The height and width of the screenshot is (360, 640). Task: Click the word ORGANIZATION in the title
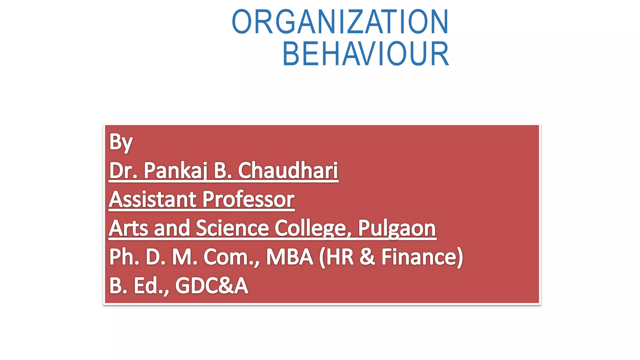340,22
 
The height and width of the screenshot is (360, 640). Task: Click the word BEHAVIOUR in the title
366,54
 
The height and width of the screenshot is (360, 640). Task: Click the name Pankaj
175,171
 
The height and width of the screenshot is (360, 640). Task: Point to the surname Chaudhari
288,171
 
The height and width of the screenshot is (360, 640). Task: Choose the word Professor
248,199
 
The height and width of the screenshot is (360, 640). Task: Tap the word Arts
128,228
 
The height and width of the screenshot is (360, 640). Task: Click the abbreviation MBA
289,257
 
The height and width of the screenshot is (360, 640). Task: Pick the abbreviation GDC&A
212,286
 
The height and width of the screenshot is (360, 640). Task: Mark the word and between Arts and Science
172,228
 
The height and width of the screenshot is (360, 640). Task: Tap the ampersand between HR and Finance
367,257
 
